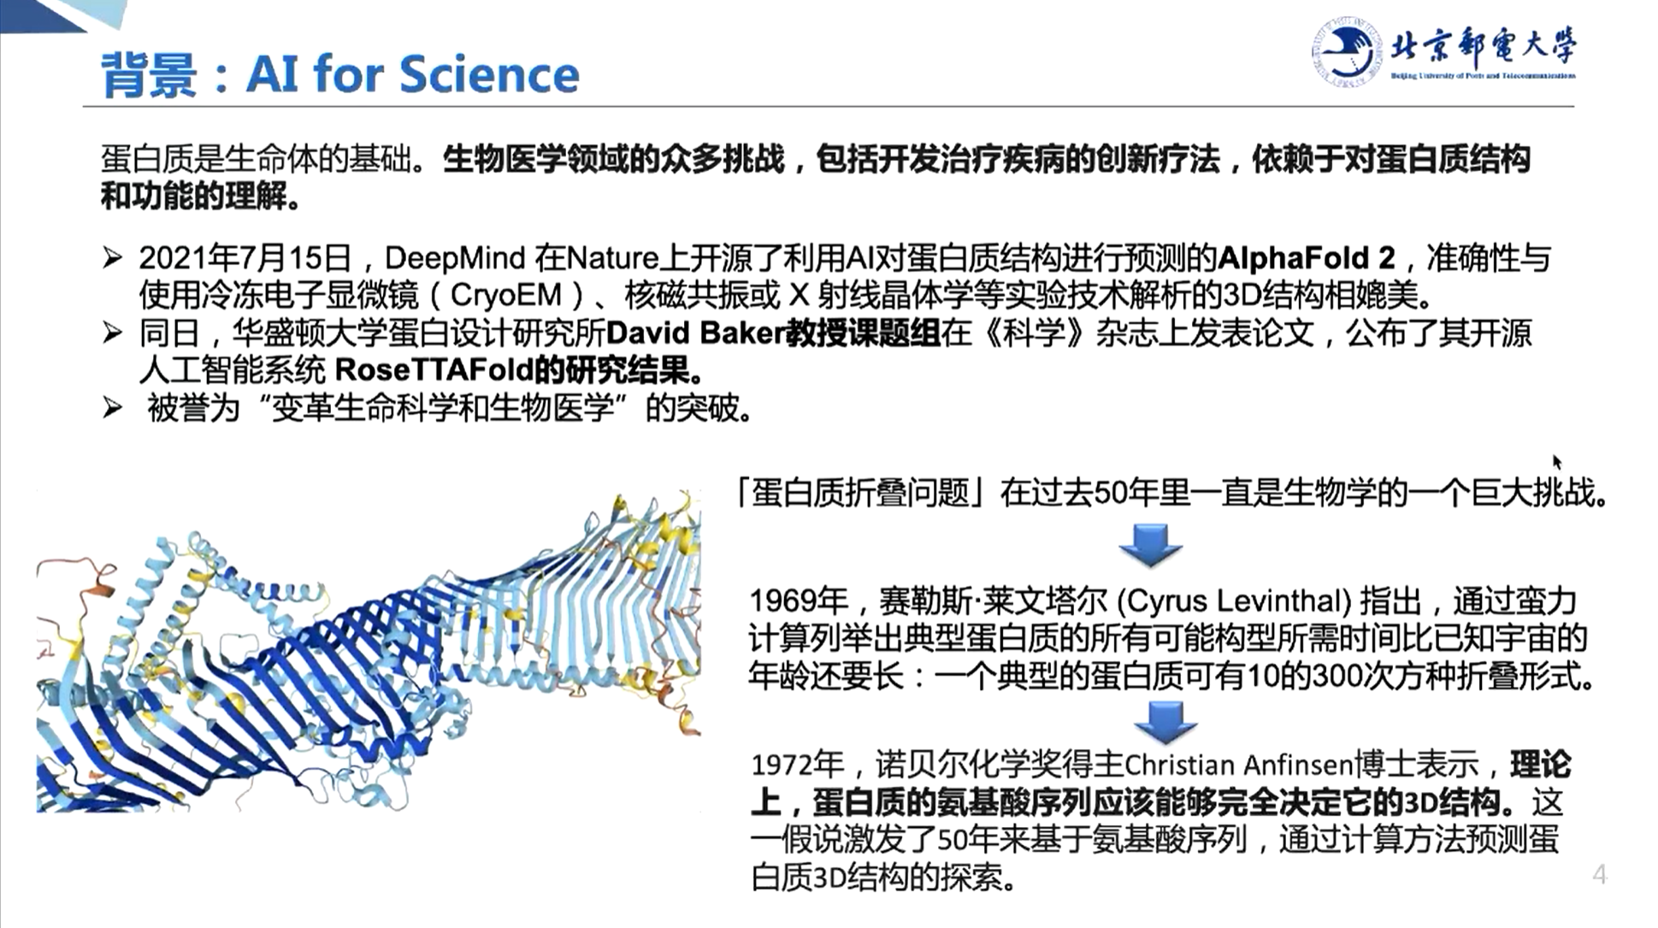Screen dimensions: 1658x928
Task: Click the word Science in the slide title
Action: point(489,74)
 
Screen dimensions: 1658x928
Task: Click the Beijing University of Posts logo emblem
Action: point(1346,52)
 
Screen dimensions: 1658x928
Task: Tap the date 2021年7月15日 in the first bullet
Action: point(245,257)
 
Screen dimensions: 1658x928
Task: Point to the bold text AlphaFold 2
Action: point(1307,258)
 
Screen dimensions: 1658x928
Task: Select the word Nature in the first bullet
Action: point(613,258)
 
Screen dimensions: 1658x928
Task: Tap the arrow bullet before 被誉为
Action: point(112,407)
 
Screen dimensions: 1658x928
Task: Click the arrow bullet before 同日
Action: point(112,332)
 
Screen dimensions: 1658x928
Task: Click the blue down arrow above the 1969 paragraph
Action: point(1150,545)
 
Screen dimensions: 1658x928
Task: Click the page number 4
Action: point(1600,874)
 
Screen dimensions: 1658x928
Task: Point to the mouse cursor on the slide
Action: point(1557,462)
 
